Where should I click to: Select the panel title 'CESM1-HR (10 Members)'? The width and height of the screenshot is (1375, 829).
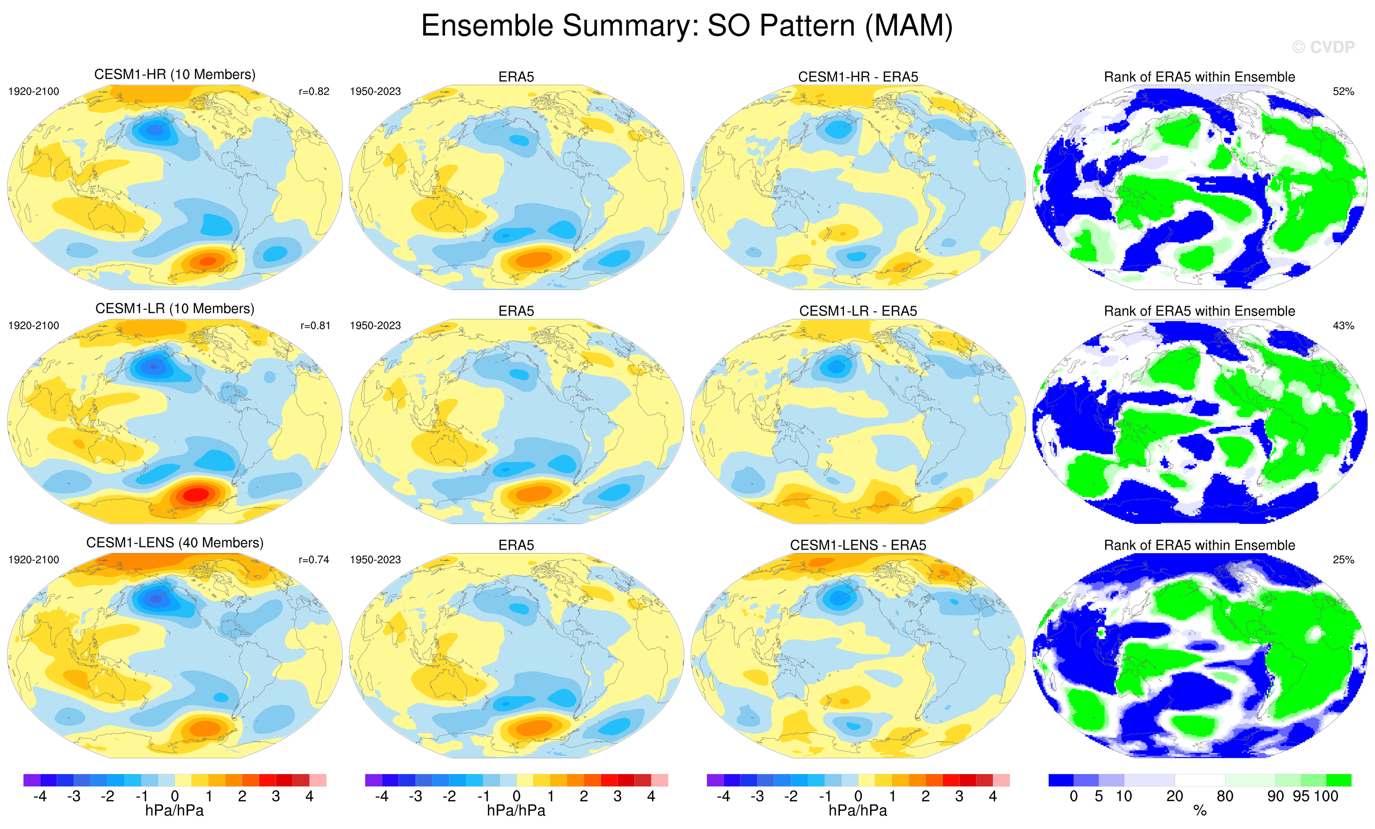pyautogui.click(x=175, y=75)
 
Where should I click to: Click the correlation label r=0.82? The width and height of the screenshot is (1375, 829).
pyautogui.click(x=314, y=92)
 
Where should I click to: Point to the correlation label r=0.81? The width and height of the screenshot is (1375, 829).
pyautogui.click(x=315, y=326)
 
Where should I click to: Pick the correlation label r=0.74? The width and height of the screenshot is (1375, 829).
pyautogui.click(x=314, y=560)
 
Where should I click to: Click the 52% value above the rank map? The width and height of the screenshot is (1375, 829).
pyautogui.click(x=1343, y=92)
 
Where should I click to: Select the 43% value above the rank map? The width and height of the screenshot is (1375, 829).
pyautogui.click(x=1343, y=326)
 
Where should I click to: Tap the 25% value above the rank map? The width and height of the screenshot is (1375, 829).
pyautogui.click(x=1343, y=560)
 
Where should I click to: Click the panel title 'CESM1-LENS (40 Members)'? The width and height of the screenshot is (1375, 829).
pyautogui.click(x=175, y=543)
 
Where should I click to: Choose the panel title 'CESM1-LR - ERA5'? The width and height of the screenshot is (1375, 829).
pyautogui.click(x=858, y=311)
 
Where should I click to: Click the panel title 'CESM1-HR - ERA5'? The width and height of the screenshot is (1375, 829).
pyautogui.click(x=858, y=77)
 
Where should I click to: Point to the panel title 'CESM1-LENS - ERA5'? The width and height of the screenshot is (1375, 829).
pyautogui.click(x=858, y=545)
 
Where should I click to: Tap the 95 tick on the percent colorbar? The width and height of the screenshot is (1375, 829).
pyautogui.click(x=1301, y=797)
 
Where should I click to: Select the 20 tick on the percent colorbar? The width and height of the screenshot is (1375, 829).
pyautogui.click(x=1175, y=797)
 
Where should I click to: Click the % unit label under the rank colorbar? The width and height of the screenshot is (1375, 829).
pyautogui.click(x=1200, y=811)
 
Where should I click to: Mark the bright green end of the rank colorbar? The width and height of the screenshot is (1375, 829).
pyautogui.click(x=1339, y=780)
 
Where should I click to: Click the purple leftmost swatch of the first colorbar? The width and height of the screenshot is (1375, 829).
pyautogui.click(x=32, y=780)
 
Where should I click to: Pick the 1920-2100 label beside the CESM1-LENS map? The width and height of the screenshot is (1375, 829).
pyautogui.click(x=34, y=560)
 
